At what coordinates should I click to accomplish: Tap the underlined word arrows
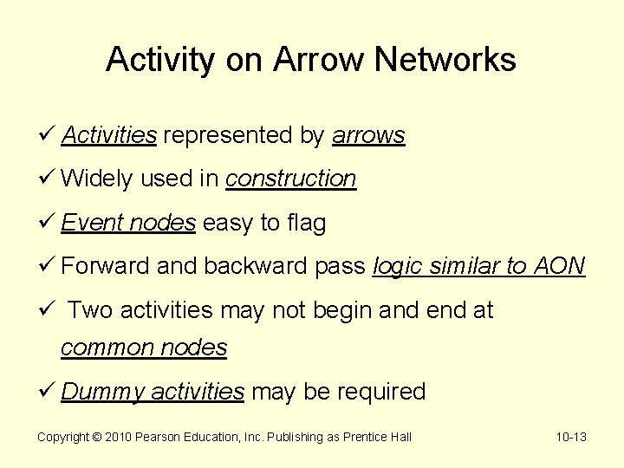pos(368,136)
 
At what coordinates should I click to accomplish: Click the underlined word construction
pos(290,179)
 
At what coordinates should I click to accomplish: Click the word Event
pos(93,224)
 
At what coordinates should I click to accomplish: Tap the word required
pos(380,392)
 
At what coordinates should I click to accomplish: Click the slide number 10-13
pos(571,438)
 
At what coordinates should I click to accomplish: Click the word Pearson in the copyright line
pos(159,438)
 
